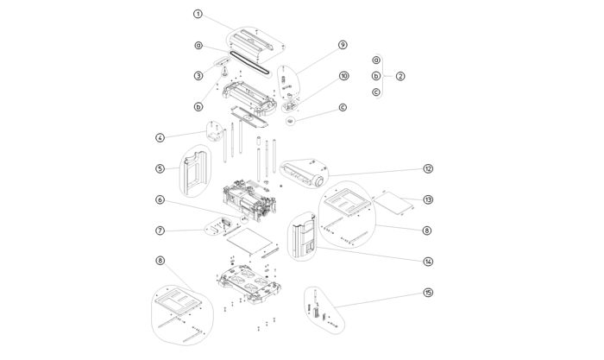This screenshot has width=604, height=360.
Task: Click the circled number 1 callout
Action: pos(198,15)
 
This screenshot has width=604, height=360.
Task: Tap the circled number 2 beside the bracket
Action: pos(400,76)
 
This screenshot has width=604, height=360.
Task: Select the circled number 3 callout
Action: pos(198,76)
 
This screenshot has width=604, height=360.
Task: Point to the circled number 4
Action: pos(160,137)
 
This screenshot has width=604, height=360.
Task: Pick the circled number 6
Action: pos(160,199)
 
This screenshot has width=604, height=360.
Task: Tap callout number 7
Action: pos(160,231)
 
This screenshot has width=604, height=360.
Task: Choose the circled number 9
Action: pos(343,45)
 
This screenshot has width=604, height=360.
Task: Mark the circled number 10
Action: pos(343,76)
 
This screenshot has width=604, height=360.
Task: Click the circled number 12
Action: pos(427,168)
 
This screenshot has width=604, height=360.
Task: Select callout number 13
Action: pos(427,199)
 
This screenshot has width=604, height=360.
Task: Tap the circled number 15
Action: pos(427,293)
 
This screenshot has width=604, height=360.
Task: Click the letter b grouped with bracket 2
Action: pos(376,76)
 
